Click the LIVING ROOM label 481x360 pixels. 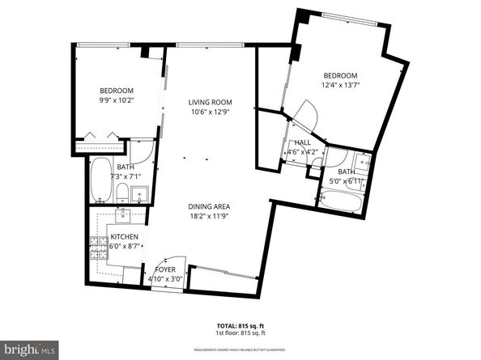tap(211, 102)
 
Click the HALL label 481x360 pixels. tap(304, 142)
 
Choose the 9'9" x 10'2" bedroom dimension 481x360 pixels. tap(117, 102)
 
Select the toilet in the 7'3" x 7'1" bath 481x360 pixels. tap(121, 193)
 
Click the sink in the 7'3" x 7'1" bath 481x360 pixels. tap(138, 194)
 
